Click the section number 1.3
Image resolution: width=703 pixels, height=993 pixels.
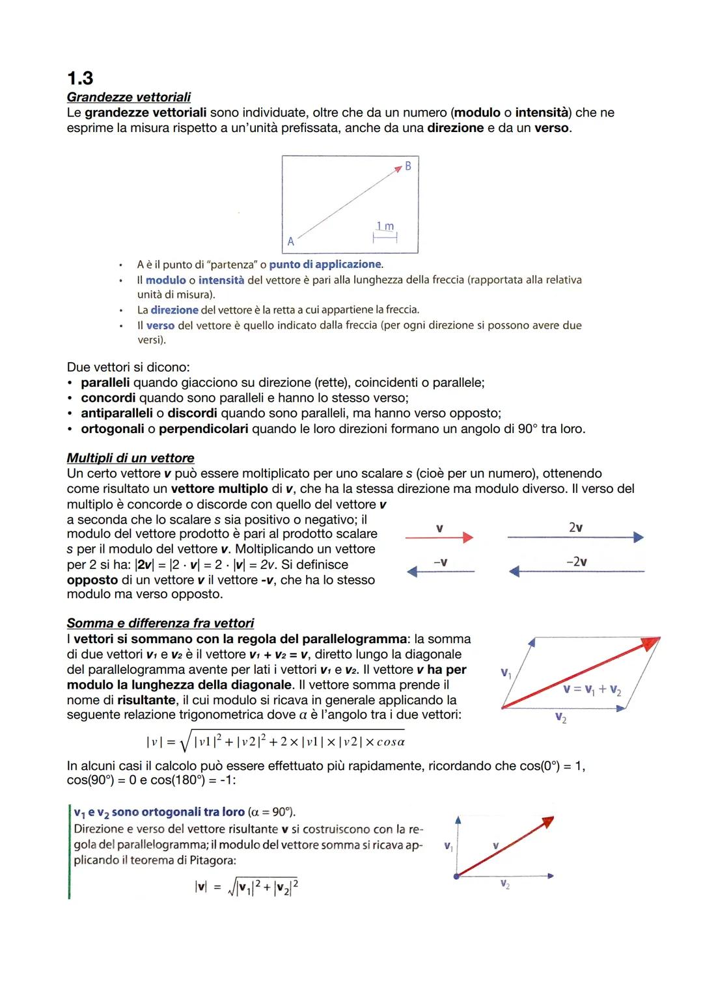coord(79,79)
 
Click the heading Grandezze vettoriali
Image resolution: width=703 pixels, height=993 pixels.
coord(128,98)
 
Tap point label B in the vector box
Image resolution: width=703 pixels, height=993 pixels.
coord(408,166)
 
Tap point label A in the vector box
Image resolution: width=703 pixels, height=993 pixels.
coord(291,241)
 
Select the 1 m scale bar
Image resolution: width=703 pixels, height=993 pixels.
coord(385,237)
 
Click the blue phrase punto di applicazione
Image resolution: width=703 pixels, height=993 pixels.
coord(325,265)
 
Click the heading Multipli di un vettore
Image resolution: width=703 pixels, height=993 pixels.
coord(130,458)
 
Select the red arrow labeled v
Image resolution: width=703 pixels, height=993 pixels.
coord(439,537)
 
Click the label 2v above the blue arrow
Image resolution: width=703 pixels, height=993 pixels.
coord(575,527)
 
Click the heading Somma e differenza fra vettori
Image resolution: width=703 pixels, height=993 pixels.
coord(160,623)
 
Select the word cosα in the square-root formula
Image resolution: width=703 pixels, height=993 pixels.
coord(391,742)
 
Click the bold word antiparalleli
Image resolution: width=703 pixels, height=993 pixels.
coord(117,414)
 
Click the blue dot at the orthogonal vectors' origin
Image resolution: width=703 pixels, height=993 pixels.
coord(457,876)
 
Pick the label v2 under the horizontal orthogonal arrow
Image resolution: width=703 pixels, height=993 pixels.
coord(505,885)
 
